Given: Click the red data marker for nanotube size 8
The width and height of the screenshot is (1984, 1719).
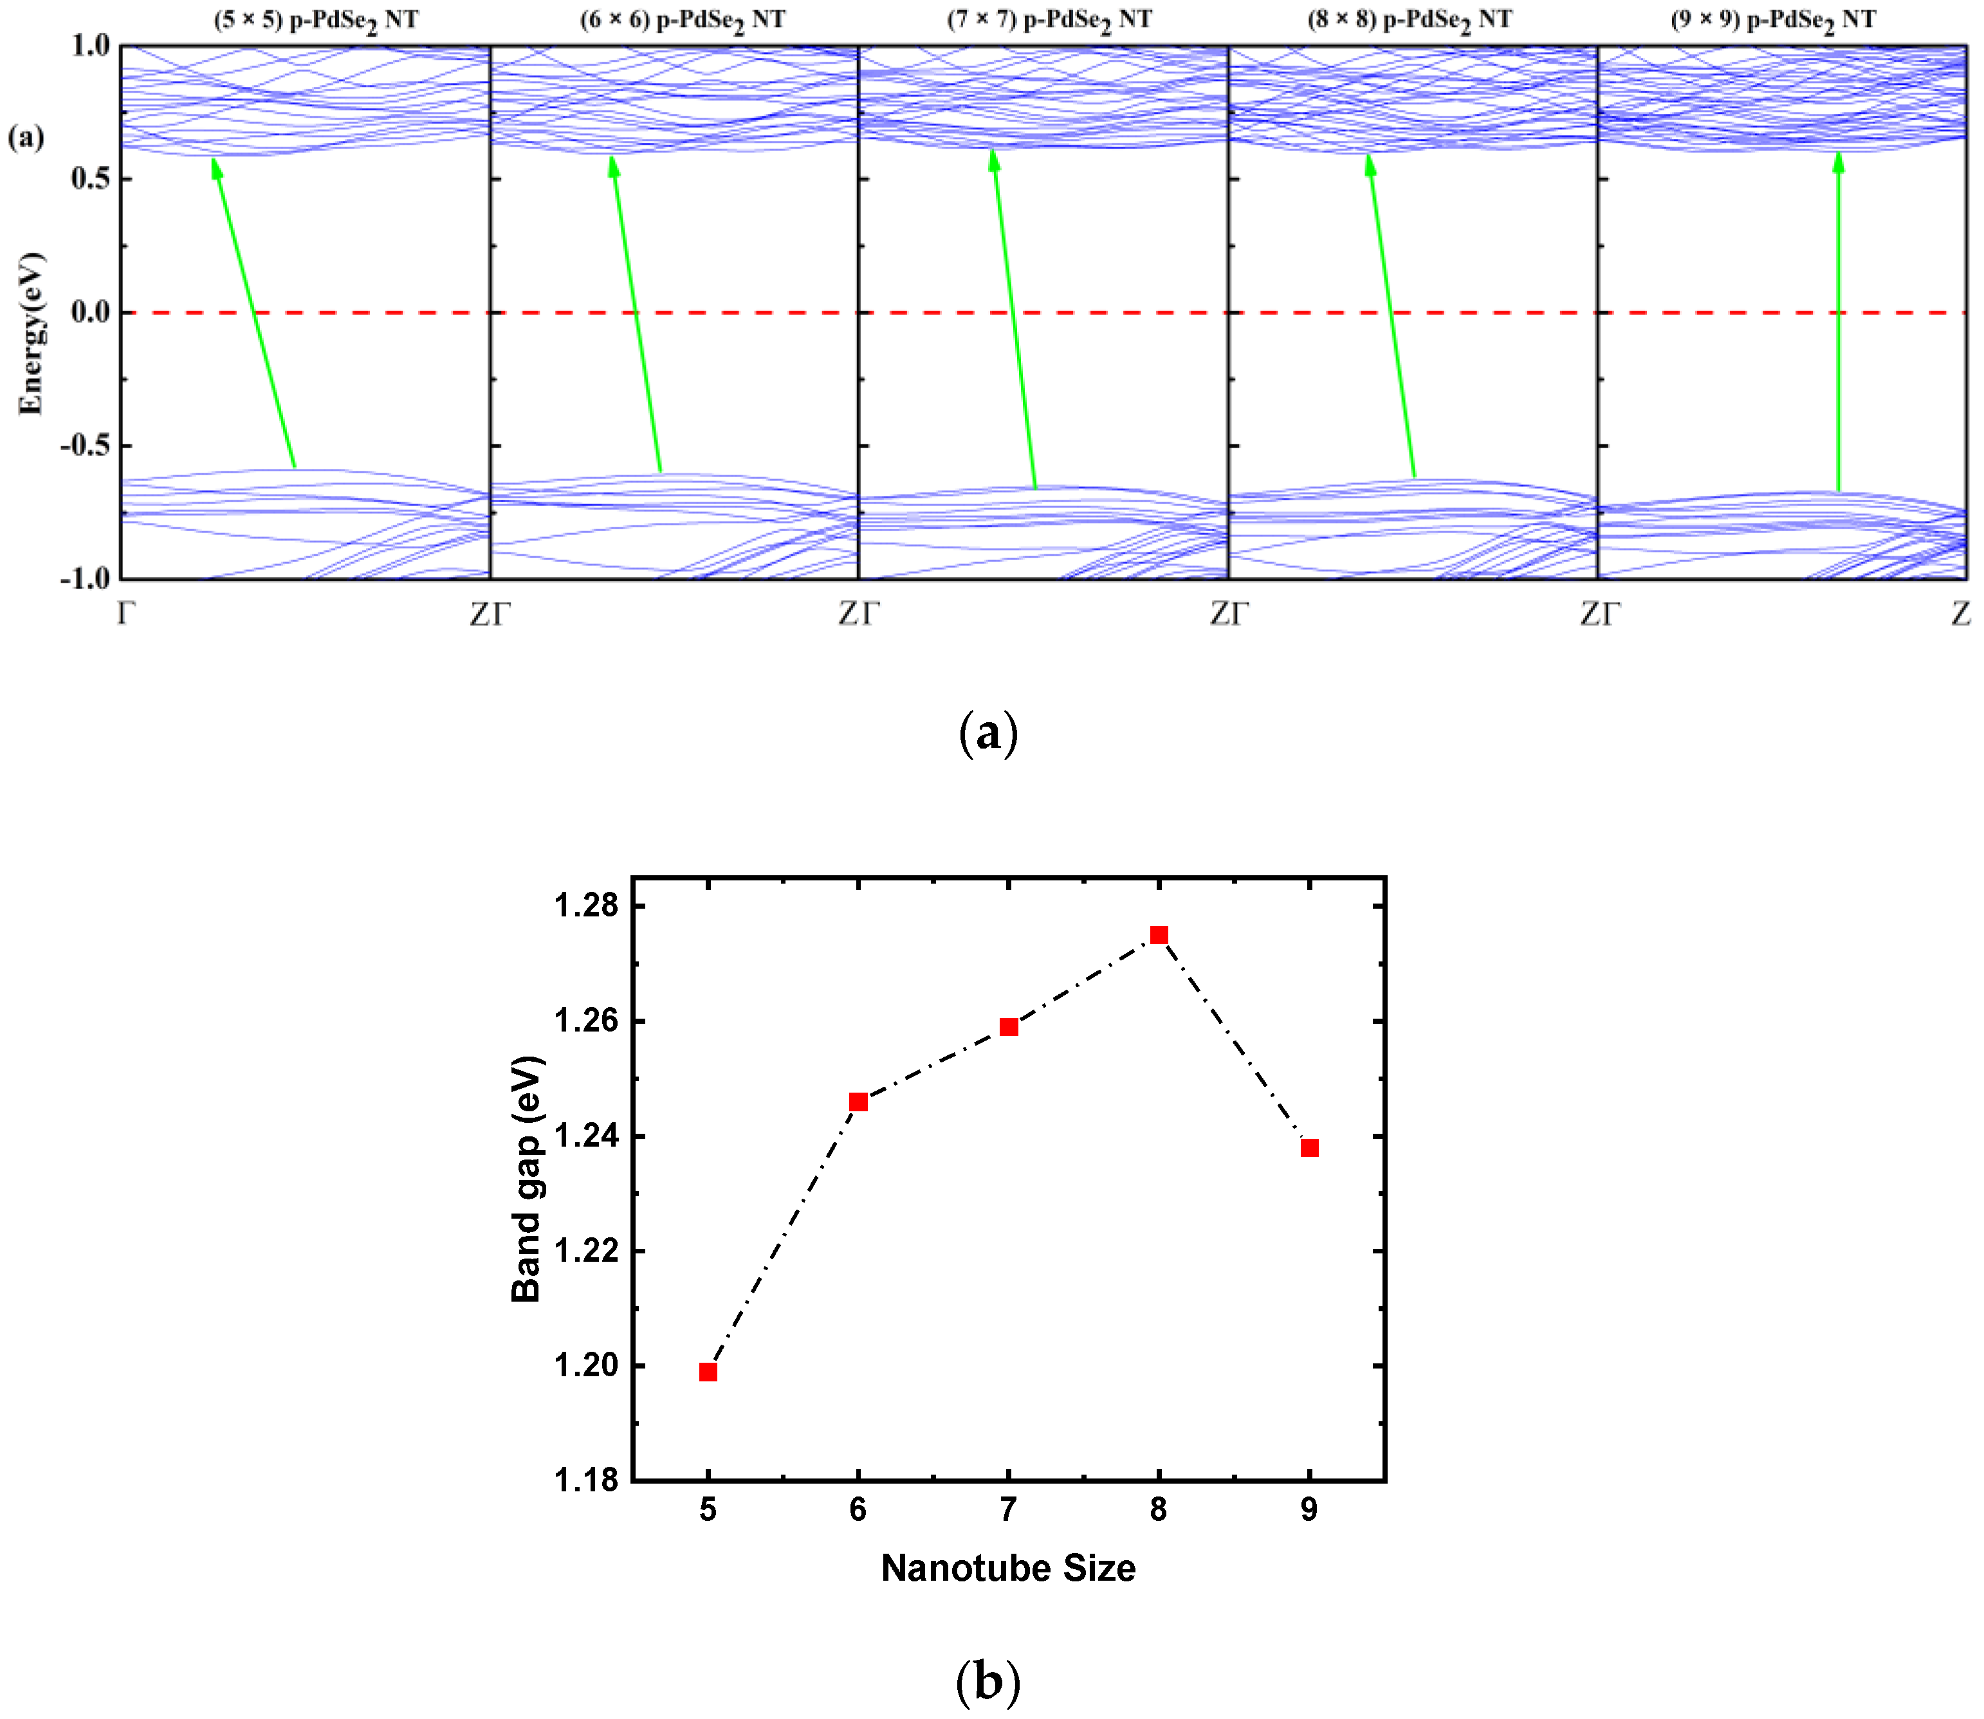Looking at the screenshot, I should click(1159, 935).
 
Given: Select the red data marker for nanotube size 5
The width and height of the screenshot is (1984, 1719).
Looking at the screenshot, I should click(708, 1372).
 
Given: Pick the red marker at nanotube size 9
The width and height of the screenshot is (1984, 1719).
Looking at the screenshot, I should click(1310, 1148).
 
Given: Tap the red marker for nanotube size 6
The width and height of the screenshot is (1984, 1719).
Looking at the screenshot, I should click(859, 1102).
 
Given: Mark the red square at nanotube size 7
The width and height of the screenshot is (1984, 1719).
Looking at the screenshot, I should click(1008, 1028).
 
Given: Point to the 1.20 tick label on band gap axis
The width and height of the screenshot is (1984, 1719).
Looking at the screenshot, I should click(586, 1365).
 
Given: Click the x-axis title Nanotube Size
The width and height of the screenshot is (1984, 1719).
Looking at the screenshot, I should click(1008, 1569).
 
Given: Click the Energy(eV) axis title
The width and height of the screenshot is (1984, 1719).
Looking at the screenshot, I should click(31, 333).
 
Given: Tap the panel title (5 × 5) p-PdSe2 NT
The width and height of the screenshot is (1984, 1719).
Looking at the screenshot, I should click(316, 20).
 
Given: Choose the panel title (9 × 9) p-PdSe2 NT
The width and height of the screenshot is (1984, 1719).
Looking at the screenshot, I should click(1773, 20).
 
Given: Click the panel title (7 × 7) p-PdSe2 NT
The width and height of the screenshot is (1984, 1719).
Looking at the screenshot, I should click(1049, 20).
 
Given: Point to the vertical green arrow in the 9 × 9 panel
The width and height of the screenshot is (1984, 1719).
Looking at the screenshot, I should click(1838, 326).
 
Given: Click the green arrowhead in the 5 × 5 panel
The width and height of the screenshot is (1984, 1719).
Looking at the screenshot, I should click(217, 169).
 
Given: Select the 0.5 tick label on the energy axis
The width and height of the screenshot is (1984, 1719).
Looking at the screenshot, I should click(90, 178).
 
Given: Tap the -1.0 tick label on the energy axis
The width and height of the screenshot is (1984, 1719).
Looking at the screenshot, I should click(84, 578).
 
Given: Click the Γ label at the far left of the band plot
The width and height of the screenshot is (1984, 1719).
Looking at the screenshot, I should click(125, 613).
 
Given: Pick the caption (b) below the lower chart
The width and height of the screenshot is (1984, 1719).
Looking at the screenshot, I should click(988, 1680).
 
